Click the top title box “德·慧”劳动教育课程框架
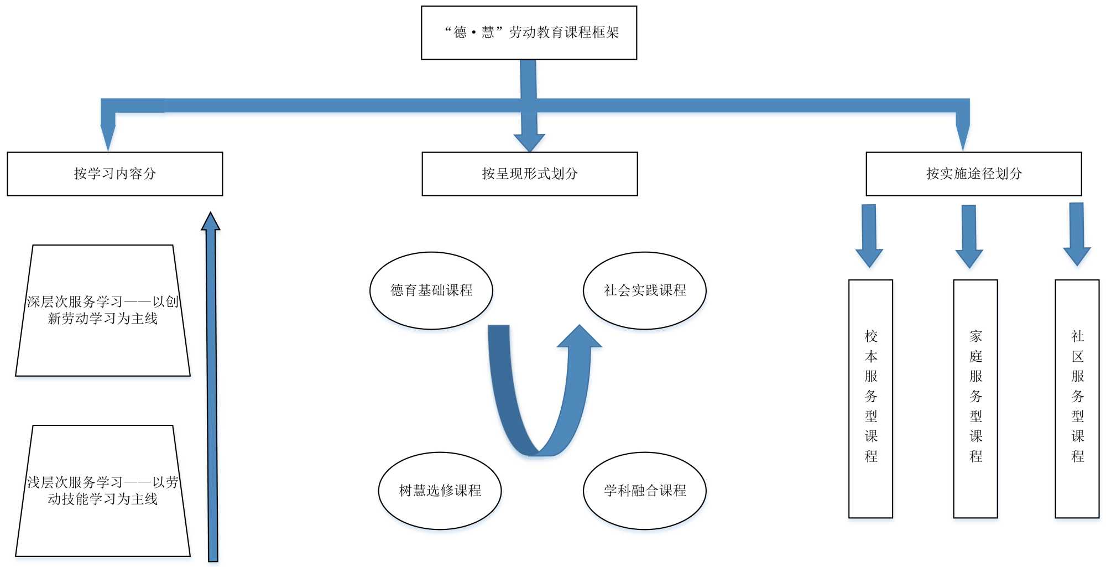[x=529, y=33]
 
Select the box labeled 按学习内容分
[x=115, y=174]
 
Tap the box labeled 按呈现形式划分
[x=529, y=174]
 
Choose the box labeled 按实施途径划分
[x=973, y=174]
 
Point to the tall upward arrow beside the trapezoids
[x=212, y=387]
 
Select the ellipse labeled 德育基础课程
[x=431, y=290]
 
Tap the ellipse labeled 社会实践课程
[x=644, y=290]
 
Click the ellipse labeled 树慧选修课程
[x=440, y=491]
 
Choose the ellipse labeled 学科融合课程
[x=644, y=491]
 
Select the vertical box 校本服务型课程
[x=870, y=398]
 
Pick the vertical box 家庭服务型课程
[x=975, y=398]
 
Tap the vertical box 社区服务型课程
[x=1077, y=398]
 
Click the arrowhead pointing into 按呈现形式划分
[x=529, y=142]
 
